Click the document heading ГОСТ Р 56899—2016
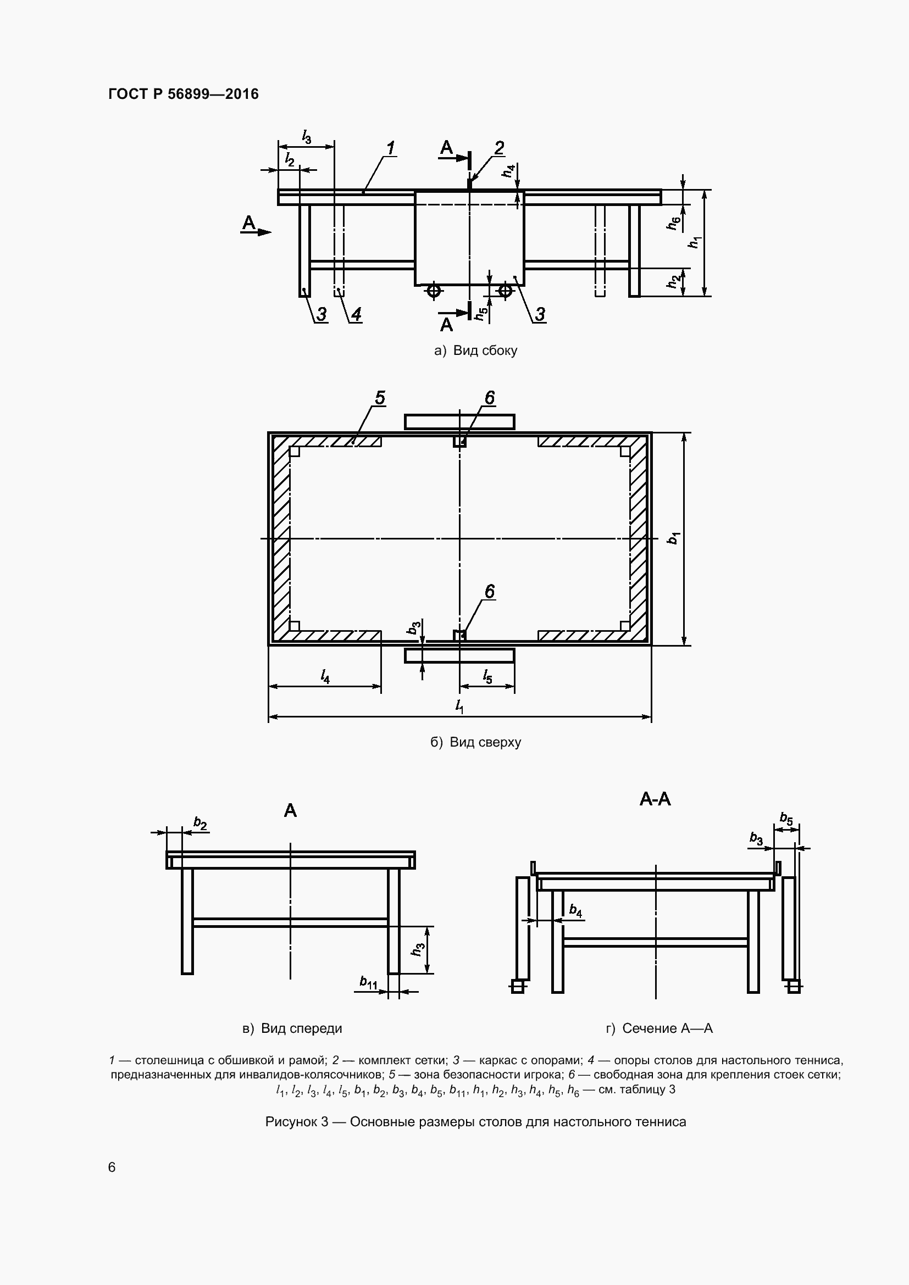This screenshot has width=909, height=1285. pyautogui.click(x=183, y=94)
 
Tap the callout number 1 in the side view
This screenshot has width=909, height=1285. pyautogui.click(x=391, y=148)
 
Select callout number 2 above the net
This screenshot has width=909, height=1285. pyautogui.click(x=498, y=147)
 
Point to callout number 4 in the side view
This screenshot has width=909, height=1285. pyautogui.click(x=356, y=314)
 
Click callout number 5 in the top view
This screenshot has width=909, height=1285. pyautogui.click(x=380, y=398)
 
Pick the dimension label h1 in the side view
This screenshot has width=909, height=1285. pyautogui.click(x=696, y=242)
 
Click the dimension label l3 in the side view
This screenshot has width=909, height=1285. pyautogui.click(x=306, y=136)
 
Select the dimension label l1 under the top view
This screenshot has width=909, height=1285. pyautogui.click(x=459, y=707)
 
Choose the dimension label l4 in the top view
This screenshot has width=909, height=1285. pyautogui.click(x=325, y=677)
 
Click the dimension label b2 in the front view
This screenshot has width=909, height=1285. pyautogui.click(x=200, y=824)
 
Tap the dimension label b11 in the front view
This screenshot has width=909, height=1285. pyautogui.click(x=368, y=982)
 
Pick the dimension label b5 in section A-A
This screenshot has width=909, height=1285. pyautogui.click(x=786, y=819)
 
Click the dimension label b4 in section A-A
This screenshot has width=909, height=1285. pyautogui.click(x=575, y=910)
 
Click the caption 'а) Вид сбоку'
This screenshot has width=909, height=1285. pyautogui.click(x=476, y=351)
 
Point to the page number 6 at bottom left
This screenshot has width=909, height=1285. pyautogui.click(x=112, y=1167)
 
